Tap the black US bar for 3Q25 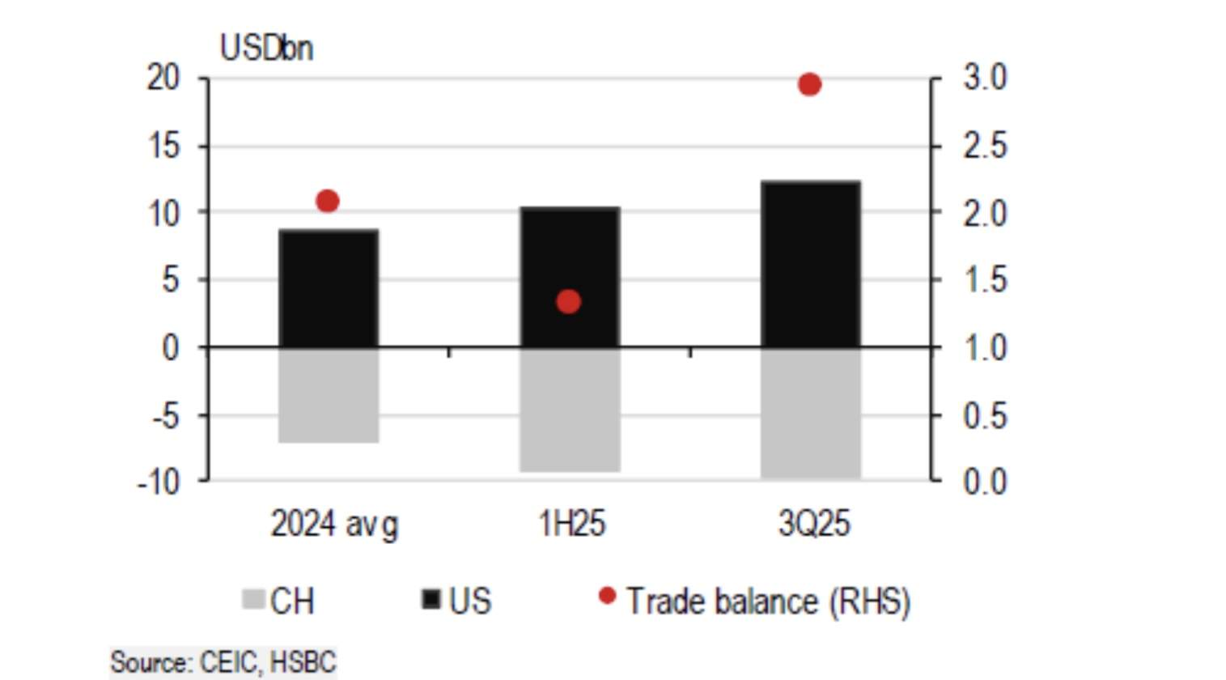tap(810, 264)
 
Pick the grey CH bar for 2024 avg tap(329, 395)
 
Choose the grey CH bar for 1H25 tap(570, 410)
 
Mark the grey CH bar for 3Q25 tap(810, 413)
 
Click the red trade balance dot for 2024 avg tap(327, 201)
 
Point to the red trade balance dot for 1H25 tap(569, 302)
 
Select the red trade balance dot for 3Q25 tap(809, 84)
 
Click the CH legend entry tap(279, 601)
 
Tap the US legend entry tap(457, 601)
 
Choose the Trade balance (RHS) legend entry tap(756, 601)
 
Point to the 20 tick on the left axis tap(163, 79)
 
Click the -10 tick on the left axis tap(159, 482)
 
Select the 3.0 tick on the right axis tap(985, 79)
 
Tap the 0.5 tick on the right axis tap(985, 415)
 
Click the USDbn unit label tap(266, 49)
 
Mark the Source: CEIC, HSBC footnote tap(223, 662)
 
